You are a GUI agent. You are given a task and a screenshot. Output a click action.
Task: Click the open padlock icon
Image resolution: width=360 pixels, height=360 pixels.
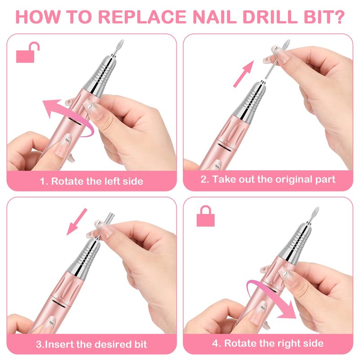[x=27, y=53]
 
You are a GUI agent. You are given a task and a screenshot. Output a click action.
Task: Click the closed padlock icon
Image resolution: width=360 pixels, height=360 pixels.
[x=206, y=216]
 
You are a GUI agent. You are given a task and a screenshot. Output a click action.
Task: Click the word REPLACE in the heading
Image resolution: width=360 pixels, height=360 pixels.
[x=142, y=17]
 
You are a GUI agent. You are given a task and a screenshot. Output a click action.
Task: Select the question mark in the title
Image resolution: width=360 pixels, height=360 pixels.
[x=337, y=17]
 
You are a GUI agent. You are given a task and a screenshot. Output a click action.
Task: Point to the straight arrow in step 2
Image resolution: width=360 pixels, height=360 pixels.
[x=243, y=74]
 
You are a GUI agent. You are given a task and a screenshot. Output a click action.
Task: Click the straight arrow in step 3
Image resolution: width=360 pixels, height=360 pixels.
[x=76, y=222]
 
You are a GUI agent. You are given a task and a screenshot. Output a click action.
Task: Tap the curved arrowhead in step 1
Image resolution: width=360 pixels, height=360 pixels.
[x=51, y=108]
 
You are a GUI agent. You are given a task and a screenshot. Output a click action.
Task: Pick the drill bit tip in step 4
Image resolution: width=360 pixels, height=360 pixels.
[x=315, y=211]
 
